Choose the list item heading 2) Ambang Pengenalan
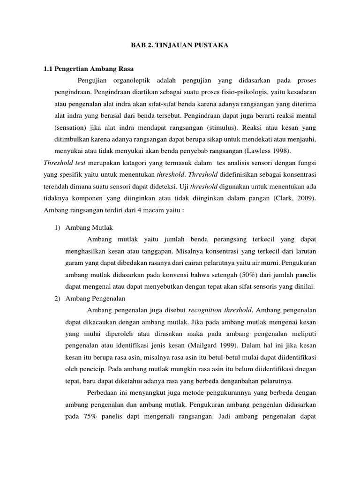coord(88,298)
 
